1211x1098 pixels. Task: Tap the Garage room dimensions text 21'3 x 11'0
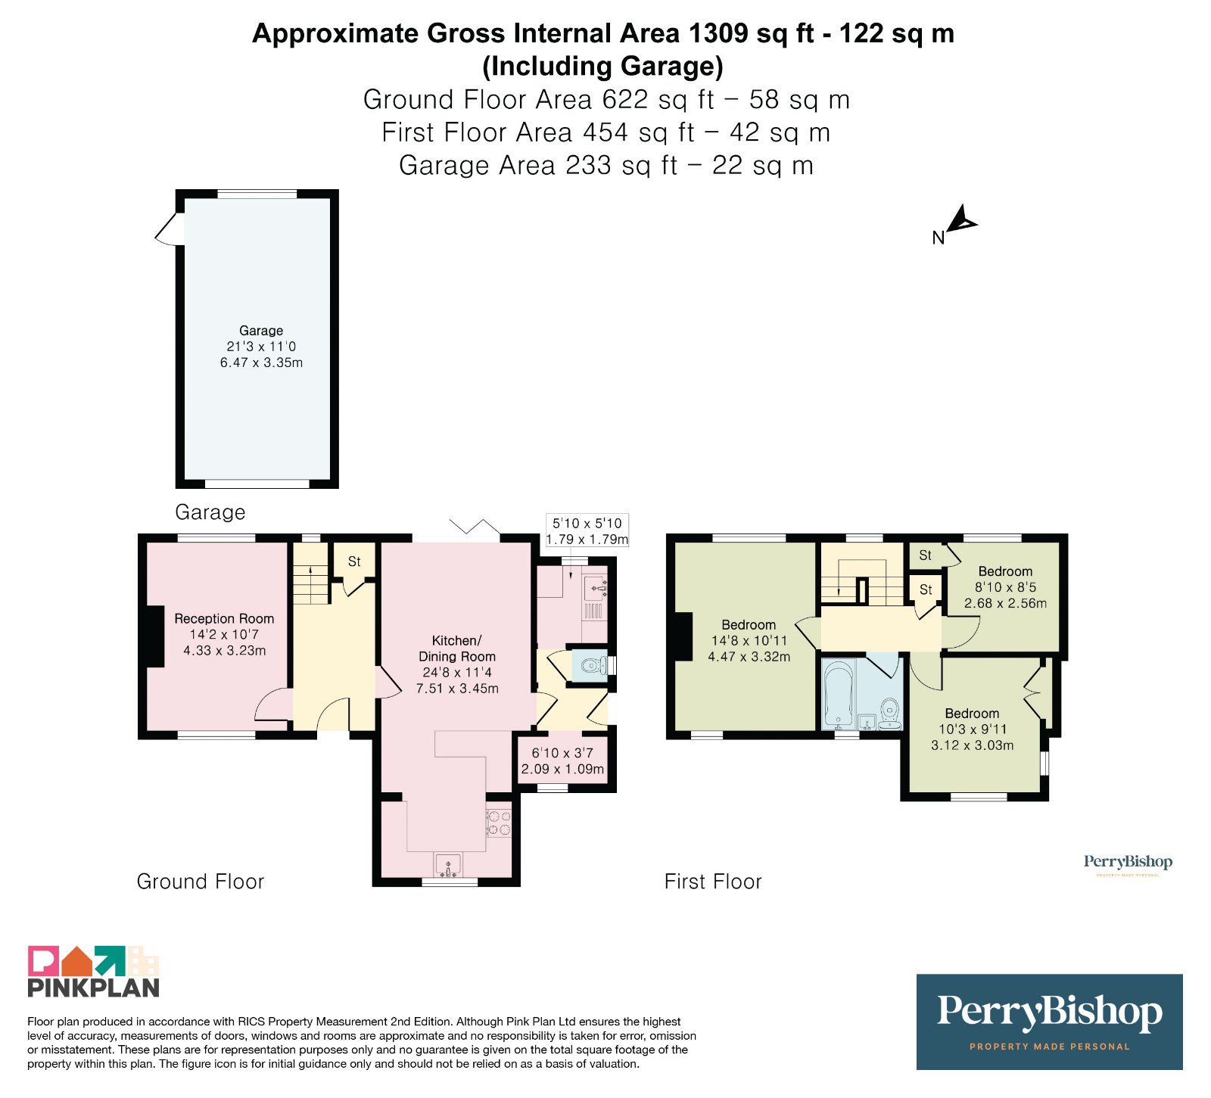click(261, 347)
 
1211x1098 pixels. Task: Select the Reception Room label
click(224, 618)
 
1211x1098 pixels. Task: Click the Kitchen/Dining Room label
click(457, 649)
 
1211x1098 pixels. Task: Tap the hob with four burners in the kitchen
click(498, 823)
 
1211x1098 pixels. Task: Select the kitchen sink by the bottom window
click(448, 865)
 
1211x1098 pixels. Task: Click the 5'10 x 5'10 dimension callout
click(587, 531)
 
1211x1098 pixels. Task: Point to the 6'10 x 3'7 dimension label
click(562, 761)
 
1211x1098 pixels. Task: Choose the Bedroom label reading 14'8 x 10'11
click(749, 640)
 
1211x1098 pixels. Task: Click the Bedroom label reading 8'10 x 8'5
click(1005, 587)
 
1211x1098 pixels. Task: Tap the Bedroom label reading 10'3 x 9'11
click(972, 729)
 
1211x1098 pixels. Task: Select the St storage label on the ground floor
click(354, 561)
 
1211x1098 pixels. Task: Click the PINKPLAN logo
click(94, 971)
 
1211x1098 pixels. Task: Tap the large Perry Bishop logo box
click(1049, 1022)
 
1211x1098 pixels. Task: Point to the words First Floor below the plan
click(713, 882)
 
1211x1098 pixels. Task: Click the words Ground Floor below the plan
click(201, 882)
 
